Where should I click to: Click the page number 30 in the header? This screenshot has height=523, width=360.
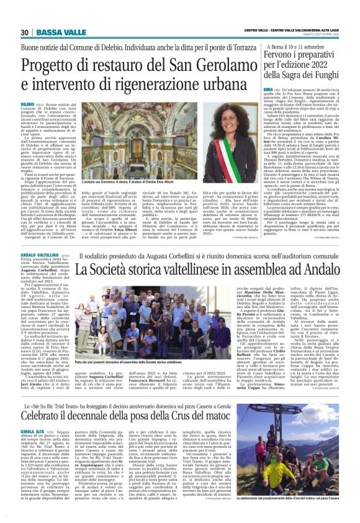point(24,32)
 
